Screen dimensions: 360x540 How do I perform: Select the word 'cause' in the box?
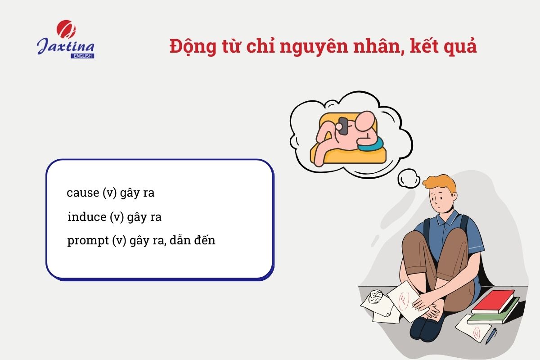82,193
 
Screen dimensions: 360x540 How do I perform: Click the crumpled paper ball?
374,297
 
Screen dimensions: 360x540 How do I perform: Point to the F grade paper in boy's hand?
403,299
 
